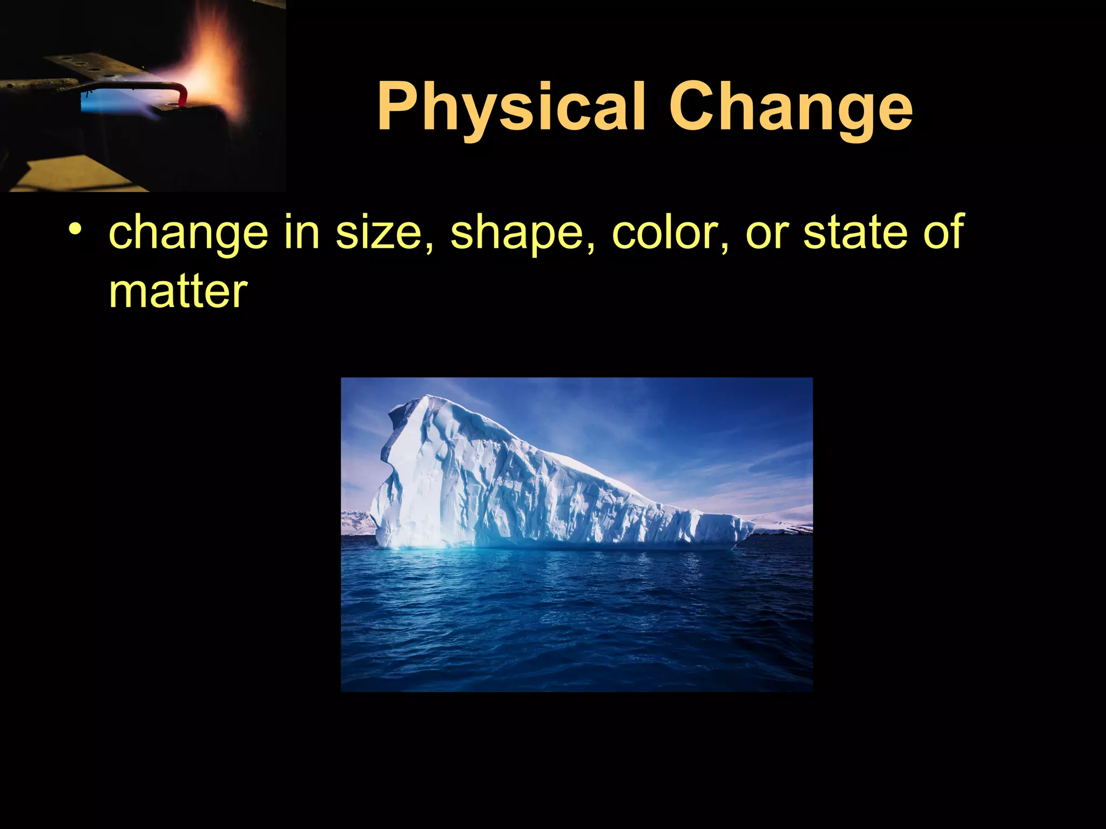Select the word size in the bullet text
pyautogui.click(x=378, y=232)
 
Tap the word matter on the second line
pyautogui.click(x=178, y=291)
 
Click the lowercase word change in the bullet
pyautogui.click(x=188, y=232)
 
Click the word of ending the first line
pyautogui.click(x=943, y=232)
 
